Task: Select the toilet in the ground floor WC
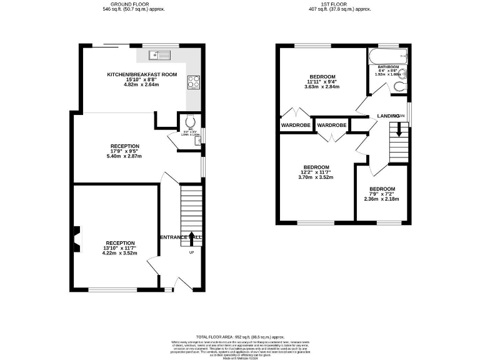point(191,122)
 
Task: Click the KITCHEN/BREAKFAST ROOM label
point(142,74)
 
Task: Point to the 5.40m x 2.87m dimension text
point(124,156)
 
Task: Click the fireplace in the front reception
point(75,237)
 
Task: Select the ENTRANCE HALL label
point(181,237)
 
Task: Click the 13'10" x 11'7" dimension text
point(120,248)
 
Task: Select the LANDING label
point(388,116)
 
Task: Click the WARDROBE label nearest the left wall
point(295,125)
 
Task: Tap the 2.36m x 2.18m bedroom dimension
point(381,199)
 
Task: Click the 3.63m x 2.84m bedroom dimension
point(322,87)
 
